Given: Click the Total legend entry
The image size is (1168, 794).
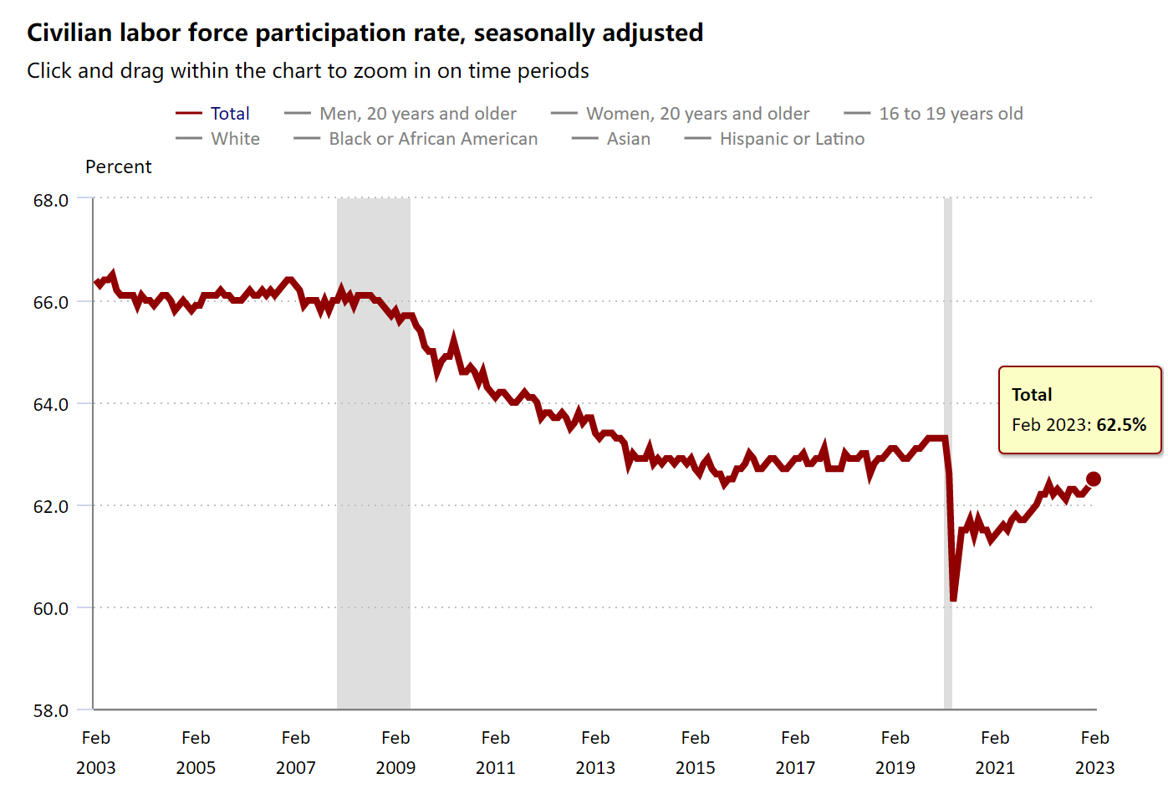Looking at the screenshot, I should pos(229,114).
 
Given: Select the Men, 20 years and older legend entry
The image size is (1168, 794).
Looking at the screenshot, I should pos(417,114).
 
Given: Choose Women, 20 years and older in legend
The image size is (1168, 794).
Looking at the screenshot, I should pos(697,114).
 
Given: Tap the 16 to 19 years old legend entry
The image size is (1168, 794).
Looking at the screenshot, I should pos(951,114).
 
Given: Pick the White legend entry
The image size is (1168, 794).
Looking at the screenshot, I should pos(235,139).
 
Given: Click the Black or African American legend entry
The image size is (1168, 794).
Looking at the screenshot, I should pos(432,139).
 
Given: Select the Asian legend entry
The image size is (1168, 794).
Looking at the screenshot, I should pos(628,139).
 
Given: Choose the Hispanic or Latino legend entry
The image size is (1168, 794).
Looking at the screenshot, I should pos(792,139).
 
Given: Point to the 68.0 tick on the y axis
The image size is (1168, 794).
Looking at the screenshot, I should pos(51,201).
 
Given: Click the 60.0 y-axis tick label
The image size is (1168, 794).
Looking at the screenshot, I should pos(51,609).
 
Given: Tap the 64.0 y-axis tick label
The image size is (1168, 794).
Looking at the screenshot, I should pos(51,405).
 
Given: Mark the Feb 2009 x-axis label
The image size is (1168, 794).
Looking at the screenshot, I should pos(395,752).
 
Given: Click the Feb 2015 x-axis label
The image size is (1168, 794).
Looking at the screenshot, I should pos(695,752).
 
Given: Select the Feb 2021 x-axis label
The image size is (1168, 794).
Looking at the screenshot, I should pos(995,752).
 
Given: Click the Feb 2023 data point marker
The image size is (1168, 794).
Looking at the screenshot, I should pos(1093,479).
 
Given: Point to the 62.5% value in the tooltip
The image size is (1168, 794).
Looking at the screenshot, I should pos(1121,425).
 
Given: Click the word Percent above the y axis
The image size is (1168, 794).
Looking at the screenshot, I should pos(118,167).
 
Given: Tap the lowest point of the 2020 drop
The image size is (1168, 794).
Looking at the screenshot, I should pos(953,599).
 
